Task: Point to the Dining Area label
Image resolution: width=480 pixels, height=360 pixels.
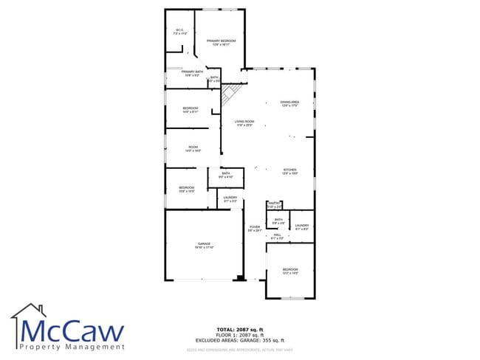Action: click(289, 103)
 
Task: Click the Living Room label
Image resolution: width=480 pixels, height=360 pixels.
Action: click(244, 123)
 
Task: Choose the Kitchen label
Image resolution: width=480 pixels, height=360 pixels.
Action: click(289, 171)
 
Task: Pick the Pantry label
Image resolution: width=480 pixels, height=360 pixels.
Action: click(274, 204)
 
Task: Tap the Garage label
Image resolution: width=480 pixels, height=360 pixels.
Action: click(203, 245)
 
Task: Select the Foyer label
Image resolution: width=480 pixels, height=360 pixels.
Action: click(254, 229)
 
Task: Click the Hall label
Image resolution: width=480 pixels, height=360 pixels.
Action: click(277, 236)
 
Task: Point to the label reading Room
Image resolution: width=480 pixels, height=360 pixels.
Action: click(193, 148)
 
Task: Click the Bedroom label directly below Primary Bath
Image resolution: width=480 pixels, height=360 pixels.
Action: click(191, 110)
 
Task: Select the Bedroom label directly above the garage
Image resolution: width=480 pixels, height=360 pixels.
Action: click(186, 189)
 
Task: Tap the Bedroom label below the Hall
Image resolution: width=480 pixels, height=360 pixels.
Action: click(289, 271)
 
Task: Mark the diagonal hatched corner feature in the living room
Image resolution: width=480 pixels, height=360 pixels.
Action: click(231, 93)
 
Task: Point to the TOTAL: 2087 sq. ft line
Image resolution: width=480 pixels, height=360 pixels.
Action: click(241, 328)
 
